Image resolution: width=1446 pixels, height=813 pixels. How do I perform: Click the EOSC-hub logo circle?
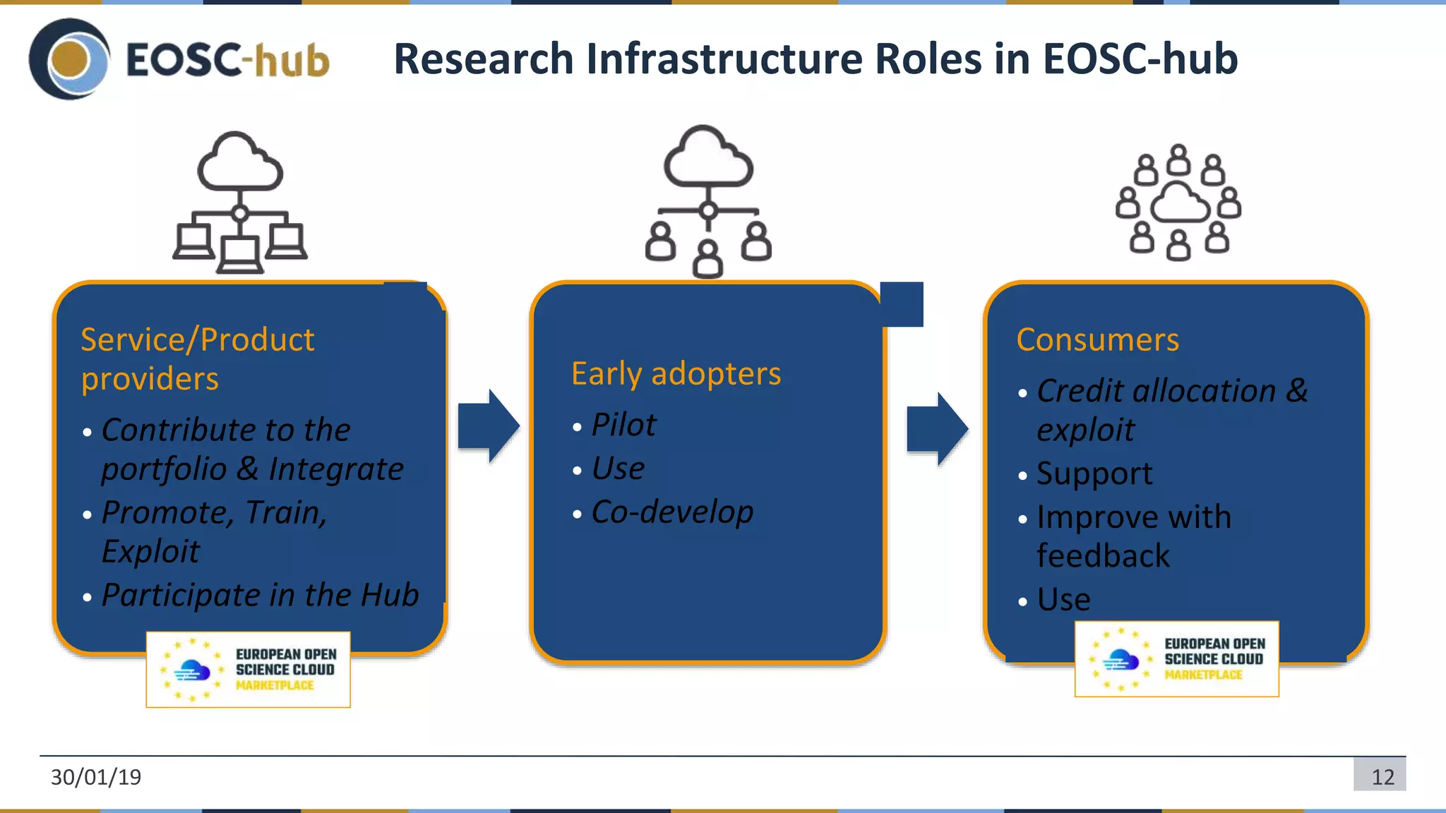(x=69, y=59)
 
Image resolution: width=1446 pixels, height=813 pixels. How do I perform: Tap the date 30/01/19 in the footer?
(x=96, y=777)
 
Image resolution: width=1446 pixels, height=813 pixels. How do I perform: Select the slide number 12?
(x=1382, y=777)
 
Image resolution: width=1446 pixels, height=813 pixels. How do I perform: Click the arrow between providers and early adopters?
(x=489, y=426)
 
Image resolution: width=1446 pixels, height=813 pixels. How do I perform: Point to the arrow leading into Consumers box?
(x=937, y=428)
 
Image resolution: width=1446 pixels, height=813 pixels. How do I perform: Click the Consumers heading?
(x=1097, y=339)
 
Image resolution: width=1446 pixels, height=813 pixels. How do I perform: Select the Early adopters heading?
(x=676, y=373)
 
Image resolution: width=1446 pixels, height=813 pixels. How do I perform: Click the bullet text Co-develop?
(x=672, y=512)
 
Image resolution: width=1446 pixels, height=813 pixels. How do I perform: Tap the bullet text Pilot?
(x=623, y=425)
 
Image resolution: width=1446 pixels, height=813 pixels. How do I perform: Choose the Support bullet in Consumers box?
(x=1094, y=474)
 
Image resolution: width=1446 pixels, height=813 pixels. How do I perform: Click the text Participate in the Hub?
(x=260, y=595)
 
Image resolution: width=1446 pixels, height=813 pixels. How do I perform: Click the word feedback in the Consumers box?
(x=1103, y=556)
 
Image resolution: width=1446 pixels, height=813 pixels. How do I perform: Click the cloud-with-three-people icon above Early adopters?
(x=708, y=203)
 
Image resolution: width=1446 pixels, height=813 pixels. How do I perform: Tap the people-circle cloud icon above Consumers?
(x=1178, y=203)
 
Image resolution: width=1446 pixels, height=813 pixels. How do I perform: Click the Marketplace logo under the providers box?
(x=248, y=669)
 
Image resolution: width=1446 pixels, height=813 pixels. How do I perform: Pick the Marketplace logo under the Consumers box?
(x=1176, y=659)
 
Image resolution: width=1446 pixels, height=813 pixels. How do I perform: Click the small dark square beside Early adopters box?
(x=902, y=304)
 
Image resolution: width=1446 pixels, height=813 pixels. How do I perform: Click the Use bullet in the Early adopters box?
(x=618, y=469)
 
